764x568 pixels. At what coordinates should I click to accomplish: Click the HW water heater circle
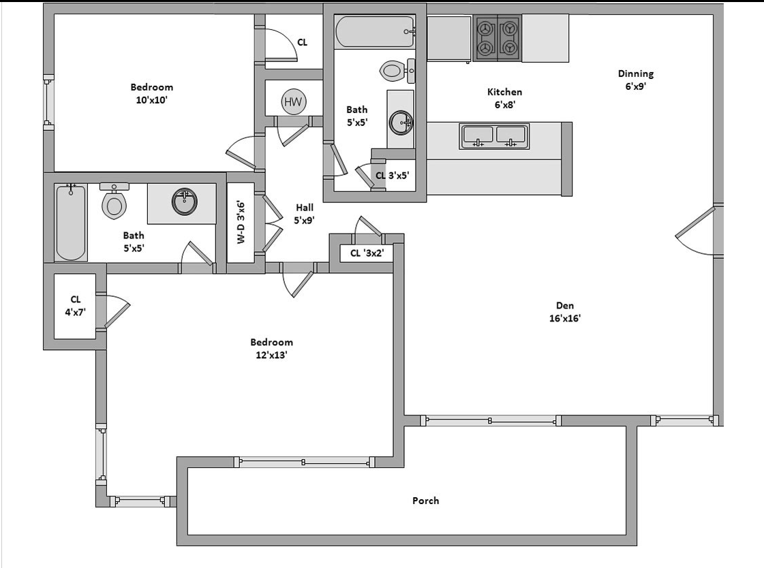pyautogui.click(x=293, y=101)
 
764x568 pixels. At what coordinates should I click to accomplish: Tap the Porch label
pyautogui.click(x=425, y=501)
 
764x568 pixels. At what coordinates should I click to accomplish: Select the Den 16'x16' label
pyautogui.click(x=565, y=312)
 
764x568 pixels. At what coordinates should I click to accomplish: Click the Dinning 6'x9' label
pyautogui.click(x=636, y=80)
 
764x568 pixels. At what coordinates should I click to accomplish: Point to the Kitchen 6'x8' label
pyautogui.click(x=505, y=98)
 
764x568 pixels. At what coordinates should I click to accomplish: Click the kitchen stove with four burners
pyautogui.click(x=497, y=38)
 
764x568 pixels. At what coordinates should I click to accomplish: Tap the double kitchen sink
pyautogui.click(x=494, y=136)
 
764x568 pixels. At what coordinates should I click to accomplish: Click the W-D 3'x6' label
pyautogui.click(x=241, y=222)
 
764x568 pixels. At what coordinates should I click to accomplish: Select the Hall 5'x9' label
pyautogui.click(x=304, y=214)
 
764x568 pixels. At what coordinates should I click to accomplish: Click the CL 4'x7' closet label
pyautogui.click(x=75, y=306)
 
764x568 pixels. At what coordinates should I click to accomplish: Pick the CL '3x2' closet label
pyautogui.click(x=367, y=253)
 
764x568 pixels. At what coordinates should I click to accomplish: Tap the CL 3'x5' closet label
pyautogui.click(x=393, y=175)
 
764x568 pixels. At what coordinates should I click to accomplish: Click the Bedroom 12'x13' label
pyautogui.click(x=271, y=349)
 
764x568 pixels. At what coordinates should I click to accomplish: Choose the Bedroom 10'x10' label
pyautogui.click(x=151, y=93)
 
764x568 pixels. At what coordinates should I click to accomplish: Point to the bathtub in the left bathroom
pyautogui.click(x=71, y=222)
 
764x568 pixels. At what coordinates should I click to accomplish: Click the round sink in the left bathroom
pyautogui.click(x=185, y=202)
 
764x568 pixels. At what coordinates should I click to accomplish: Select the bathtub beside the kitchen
pyautogui.click(x=375, y=31)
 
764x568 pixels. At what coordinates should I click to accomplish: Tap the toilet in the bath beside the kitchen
pyautogui.click(x=397, y=71)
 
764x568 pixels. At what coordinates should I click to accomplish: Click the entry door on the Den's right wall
pyautogui.click(x=696, y=230)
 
